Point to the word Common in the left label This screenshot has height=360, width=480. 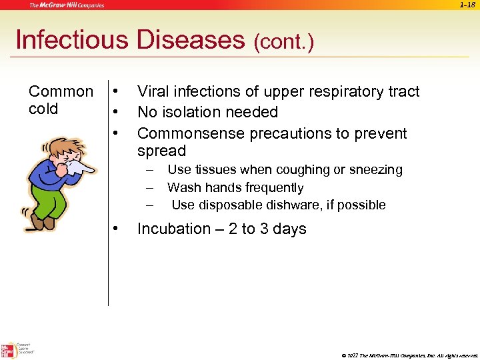tap(61, 91)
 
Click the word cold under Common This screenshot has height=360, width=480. tap(43, 109)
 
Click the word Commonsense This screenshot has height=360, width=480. tap(191, 133)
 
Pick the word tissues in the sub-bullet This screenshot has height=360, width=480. tap(212, 170)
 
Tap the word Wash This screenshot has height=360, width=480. tap(182, 188)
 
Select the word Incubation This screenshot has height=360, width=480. tap(173, 229)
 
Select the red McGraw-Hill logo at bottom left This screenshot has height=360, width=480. tap(9, 351)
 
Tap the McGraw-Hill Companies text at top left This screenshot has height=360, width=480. tap(67, 5)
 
